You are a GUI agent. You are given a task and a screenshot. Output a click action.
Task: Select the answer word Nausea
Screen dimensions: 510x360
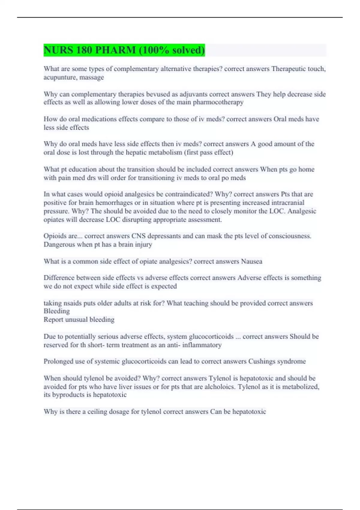coord(252,261)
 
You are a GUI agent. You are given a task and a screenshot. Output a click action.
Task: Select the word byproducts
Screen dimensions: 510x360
coord(68,395)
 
